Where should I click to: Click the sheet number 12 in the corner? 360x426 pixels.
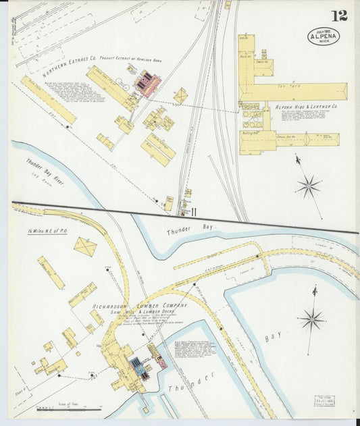coord(339,16)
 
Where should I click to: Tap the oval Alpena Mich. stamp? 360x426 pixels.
coord(324,36)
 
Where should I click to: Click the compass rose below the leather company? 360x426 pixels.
coord(308,186)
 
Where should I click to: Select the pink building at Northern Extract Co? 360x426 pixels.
coord(147,84)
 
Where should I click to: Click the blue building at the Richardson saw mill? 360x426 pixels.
coord(136,366)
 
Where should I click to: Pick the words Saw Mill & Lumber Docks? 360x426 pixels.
coord(145,315)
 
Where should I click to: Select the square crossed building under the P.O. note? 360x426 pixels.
coord(85,246)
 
